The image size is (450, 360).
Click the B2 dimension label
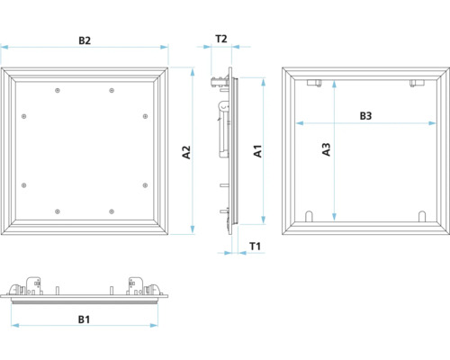coord(85,40)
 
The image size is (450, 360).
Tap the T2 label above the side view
coord(221,40)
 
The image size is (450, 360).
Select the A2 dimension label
coord(186,152)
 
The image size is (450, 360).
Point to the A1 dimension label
coord(256,152)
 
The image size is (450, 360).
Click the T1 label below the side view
coord(255,245)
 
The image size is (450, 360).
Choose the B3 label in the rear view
coord(366,115)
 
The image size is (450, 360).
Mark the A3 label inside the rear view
coord(327,149)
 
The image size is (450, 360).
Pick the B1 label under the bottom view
coord(84,319)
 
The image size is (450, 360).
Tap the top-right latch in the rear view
coord(415,84)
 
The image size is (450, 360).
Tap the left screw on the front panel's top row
coord(58,91)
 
